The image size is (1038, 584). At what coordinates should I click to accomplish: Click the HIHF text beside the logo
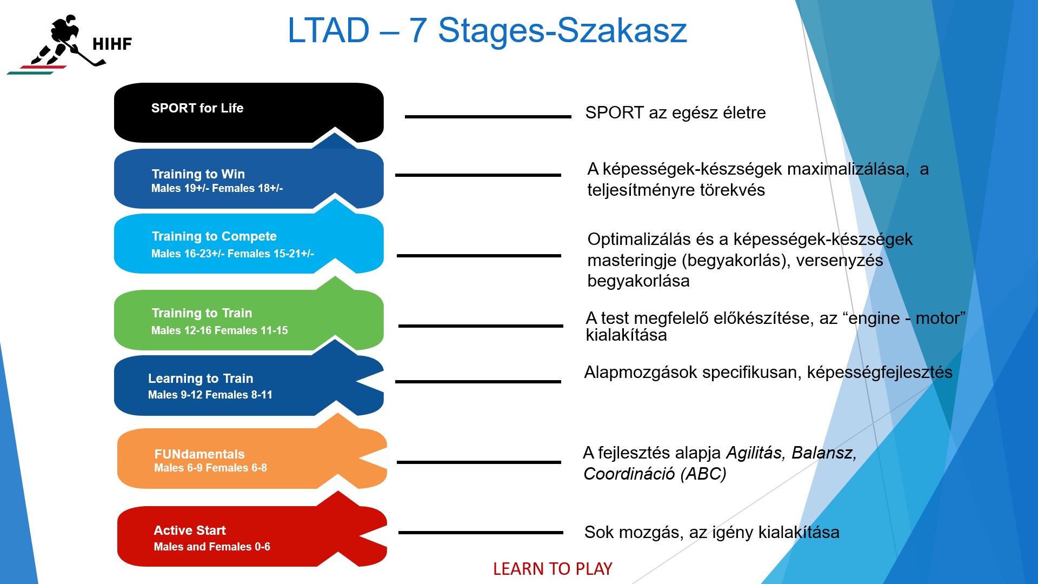pyautogui.click(x=112, y=44)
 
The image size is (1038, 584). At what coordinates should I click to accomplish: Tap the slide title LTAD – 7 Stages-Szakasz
pyautogui.click(x=487, y=30)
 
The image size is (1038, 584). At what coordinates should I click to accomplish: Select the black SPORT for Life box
pyautogui.click(x=249, y=112)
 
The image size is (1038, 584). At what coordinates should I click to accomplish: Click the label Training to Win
pyautogui.click(x=198, y=174)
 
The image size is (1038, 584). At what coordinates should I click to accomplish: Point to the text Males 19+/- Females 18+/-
pyautogui.click(x=217, y=188)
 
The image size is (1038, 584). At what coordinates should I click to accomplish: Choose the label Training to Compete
pyautogui.click(x=214, y=236)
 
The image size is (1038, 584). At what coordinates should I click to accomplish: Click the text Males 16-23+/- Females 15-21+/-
pyautogui.click(x=232, y=254)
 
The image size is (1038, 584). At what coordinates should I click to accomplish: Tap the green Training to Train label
pyautogui.click(x=202, y=313)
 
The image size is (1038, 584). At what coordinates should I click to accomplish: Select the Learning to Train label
pyautogui.click(x=201, y=379)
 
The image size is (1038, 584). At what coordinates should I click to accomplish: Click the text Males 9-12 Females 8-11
pyautogui.click(x=210, y=395)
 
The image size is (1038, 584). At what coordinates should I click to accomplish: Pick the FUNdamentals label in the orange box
pyautogui.click(x=199, y=454)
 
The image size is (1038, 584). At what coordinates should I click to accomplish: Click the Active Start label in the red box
pyautogui.click(x=190, y=530)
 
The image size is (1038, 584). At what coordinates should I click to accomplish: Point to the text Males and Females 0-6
pyautogui.click(x=212, y=547)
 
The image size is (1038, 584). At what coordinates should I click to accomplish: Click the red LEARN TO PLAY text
pyautogui.click(x=553, y=569)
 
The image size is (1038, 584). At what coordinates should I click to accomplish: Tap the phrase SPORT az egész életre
pyautogui.click(x=675, y=112)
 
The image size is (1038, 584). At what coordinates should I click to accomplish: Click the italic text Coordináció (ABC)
pyautogui.click(x=655, y=474)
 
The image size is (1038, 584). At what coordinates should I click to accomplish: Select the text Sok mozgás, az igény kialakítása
pyautogui.click(x=711, y=532)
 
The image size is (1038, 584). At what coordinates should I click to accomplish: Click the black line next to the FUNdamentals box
pyautogui.click(x=479, y=462)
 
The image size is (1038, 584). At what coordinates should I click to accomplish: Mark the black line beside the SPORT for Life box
pyautogui.click(x=488, y=116)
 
